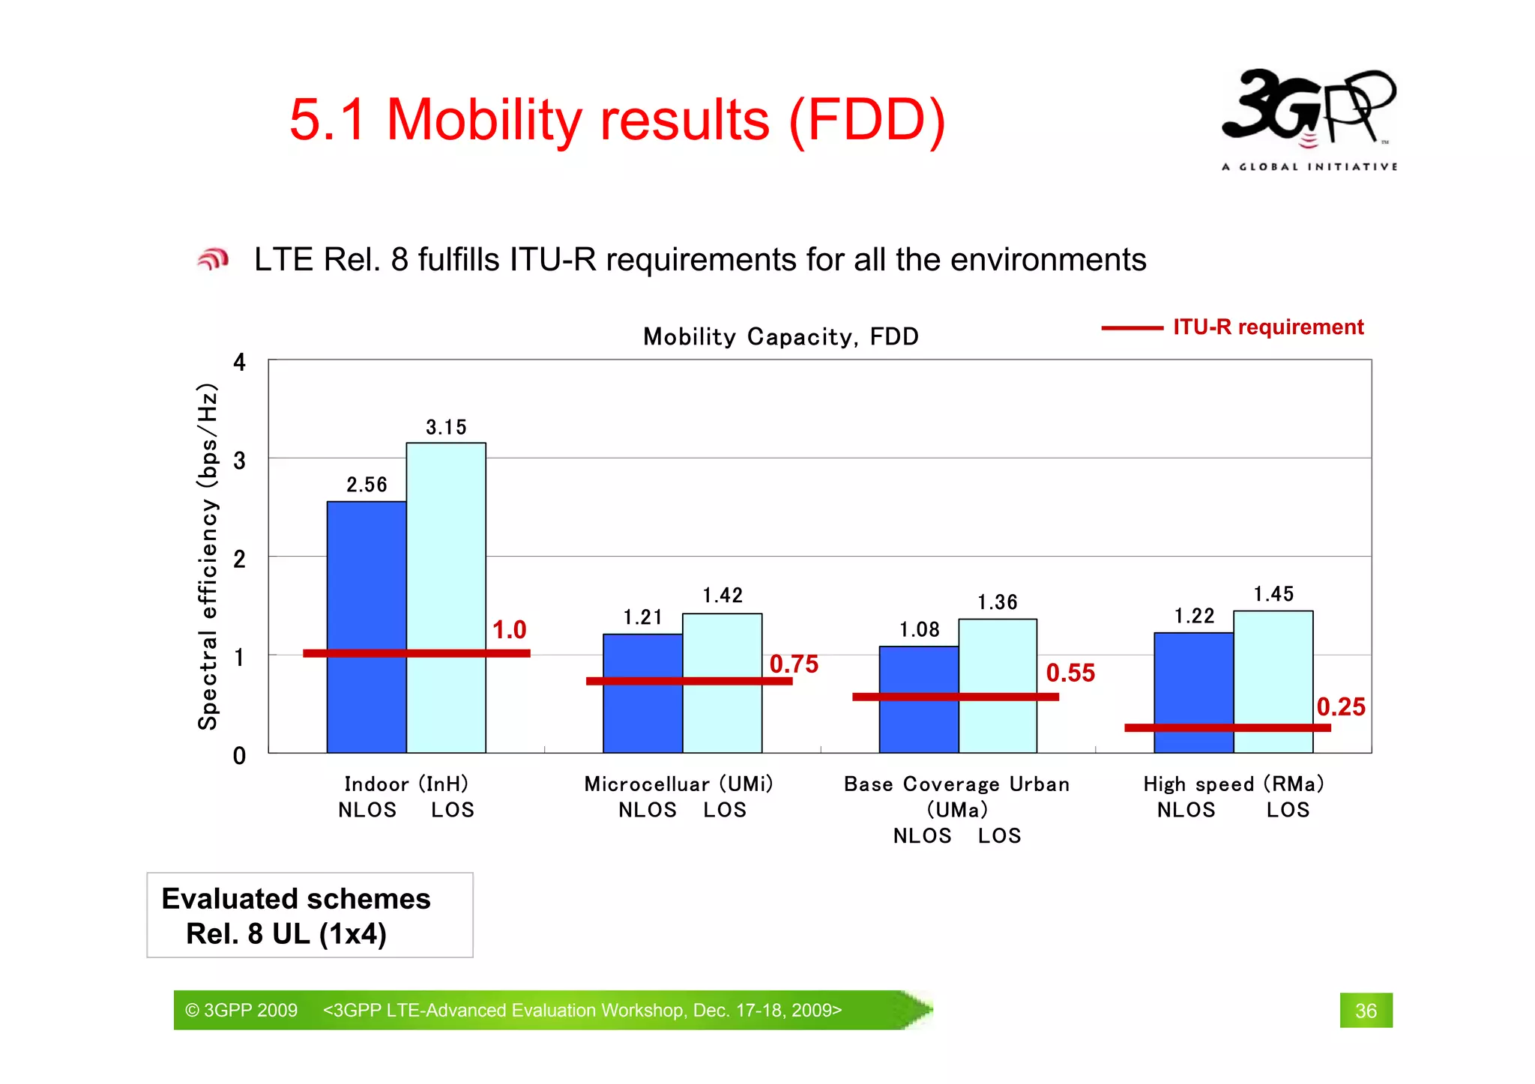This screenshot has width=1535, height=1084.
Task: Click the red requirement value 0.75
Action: [x=794, y=664]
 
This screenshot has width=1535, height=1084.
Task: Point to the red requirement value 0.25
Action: [x=1340, y=706]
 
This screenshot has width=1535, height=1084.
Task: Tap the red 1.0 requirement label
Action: [x=509, y=630]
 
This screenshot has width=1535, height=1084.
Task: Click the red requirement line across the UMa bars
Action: [x=955, y=697]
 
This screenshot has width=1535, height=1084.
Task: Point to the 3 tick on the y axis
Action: [x=239, y=461]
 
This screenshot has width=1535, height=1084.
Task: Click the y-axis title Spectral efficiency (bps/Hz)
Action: [x=208, y=556]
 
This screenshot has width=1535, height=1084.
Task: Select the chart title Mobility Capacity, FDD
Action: [x=780, y=336]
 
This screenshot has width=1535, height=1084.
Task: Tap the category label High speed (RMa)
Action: [x=1233, y=784]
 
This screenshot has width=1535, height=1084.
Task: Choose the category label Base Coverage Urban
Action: [x=956, y=784]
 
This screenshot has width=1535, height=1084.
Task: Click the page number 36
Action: [x=1366, y=1011]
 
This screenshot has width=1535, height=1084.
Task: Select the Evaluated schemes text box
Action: [x=309, y=915]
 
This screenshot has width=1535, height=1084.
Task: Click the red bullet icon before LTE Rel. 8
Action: [x=213, y=259]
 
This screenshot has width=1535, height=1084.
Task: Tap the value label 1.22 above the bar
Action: [x=1193, y=616]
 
